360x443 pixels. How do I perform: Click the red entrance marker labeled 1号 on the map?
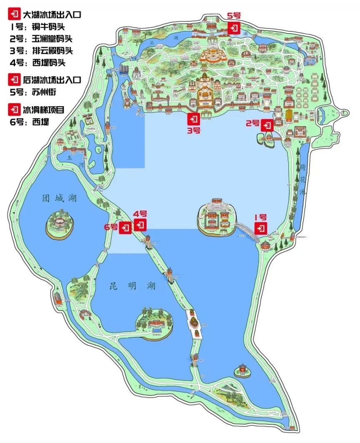click(261, 228)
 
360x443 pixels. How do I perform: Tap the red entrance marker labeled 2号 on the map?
click(267, 125)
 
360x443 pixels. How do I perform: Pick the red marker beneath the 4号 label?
click(141, 225)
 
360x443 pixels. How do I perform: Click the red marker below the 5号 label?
click(233, 28)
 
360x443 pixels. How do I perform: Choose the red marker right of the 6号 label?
click(125, 228)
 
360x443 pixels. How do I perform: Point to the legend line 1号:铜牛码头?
click(37, 27)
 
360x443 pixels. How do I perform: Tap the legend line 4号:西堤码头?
click(37, 63)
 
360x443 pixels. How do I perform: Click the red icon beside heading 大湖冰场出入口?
click(15, 15)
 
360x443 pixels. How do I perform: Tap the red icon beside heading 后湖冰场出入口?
click(15, 79)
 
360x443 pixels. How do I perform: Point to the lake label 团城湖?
click(59, 198)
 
